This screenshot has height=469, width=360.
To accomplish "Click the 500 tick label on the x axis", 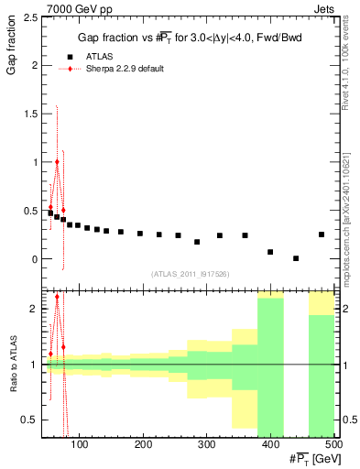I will (333, 446).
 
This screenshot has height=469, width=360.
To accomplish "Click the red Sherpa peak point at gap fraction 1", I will (57, 162).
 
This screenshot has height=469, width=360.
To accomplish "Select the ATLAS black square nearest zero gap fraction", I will (296, 258).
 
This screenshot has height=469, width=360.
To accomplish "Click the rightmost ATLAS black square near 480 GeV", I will (322, 234).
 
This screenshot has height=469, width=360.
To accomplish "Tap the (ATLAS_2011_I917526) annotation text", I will (190, 274).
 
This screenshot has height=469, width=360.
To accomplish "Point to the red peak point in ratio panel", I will (57, 297).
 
